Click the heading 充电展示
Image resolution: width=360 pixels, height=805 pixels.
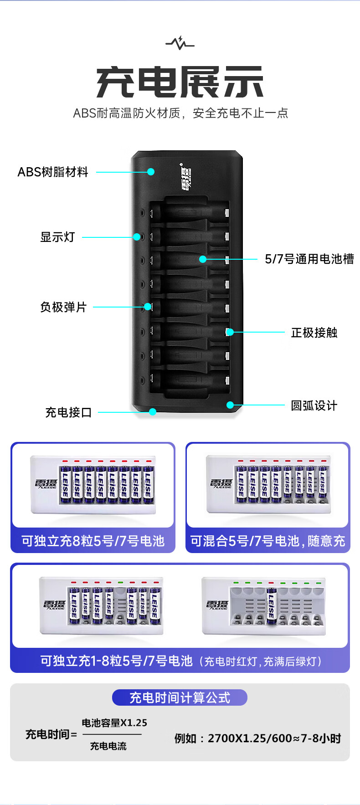click(x=180, y=82)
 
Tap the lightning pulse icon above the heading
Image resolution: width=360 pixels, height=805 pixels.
click(x=180, y=43)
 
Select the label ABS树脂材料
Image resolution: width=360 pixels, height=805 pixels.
click(x=53, y=172)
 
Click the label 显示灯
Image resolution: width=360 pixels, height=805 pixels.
click(x=57, y=237)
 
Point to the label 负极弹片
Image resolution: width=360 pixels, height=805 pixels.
click(x=63, y=308)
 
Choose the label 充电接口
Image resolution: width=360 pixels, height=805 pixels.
click(x=69, y=413)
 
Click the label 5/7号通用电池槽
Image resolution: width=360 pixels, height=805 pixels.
click(x=309, y=259)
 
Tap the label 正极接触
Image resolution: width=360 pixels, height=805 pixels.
click(x=314, y=333)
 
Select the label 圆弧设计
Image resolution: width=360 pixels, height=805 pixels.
click(x=314, y=405)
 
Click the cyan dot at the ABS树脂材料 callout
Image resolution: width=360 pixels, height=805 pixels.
click(x=151, y=172)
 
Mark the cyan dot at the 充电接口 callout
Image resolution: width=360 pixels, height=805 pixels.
click(x=153, y=412)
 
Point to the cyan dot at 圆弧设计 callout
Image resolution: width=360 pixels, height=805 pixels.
click(x=230, y=405)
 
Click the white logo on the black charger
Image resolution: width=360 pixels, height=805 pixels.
click(x=186, y=178)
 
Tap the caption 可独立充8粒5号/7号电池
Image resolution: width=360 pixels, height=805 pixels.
click(x=93, y=541)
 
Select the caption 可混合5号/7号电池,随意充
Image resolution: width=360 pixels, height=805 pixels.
click(x=267, y=541)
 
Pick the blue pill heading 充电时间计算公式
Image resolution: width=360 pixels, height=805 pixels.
click(x=180, y=697)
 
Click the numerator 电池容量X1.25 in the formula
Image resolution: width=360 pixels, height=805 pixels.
click(x=114, y=723)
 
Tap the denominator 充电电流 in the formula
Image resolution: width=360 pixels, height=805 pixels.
click(x=108, y=746)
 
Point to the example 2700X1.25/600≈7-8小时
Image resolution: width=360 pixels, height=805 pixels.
click(x=258, y=738)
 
